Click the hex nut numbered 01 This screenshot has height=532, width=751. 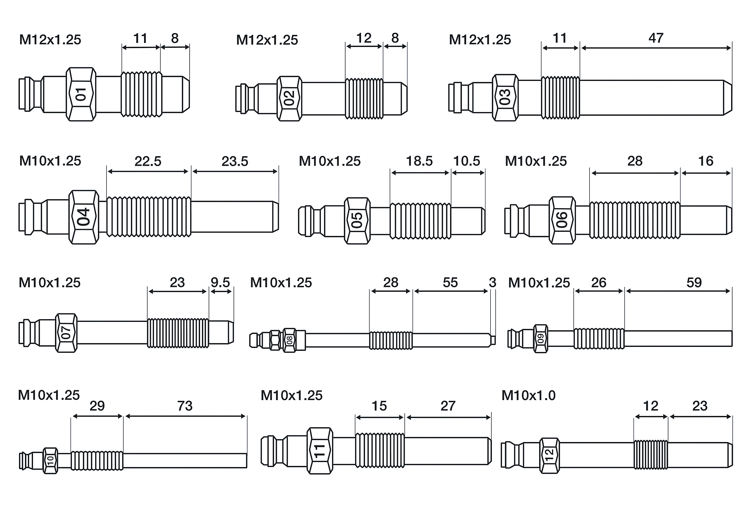(81, 94)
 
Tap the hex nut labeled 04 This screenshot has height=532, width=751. (84, 217)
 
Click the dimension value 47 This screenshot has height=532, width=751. (656, 38)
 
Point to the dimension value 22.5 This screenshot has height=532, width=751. (148, 161)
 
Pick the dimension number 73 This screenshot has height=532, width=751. (185, 406)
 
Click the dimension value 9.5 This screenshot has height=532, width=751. (220, 282)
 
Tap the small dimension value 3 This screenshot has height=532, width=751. (493, 282)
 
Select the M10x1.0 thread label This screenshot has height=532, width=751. (529, 396)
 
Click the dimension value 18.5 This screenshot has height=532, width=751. (419, 161)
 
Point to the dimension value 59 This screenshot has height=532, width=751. (694, 282)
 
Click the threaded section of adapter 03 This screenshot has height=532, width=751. (560, 97)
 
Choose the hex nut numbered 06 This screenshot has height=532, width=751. (562, 220)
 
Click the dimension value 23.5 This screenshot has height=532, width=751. (235, 161)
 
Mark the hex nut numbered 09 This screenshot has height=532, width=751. (541, 339)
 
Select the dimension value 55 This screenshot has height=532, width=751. (450, 282)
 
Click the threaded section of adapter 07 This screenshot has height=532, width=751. (178, 333)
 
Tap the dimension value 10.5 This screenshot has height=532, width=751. (466, 161)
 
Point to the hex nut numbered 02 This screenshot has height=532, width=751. (289, 98)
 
